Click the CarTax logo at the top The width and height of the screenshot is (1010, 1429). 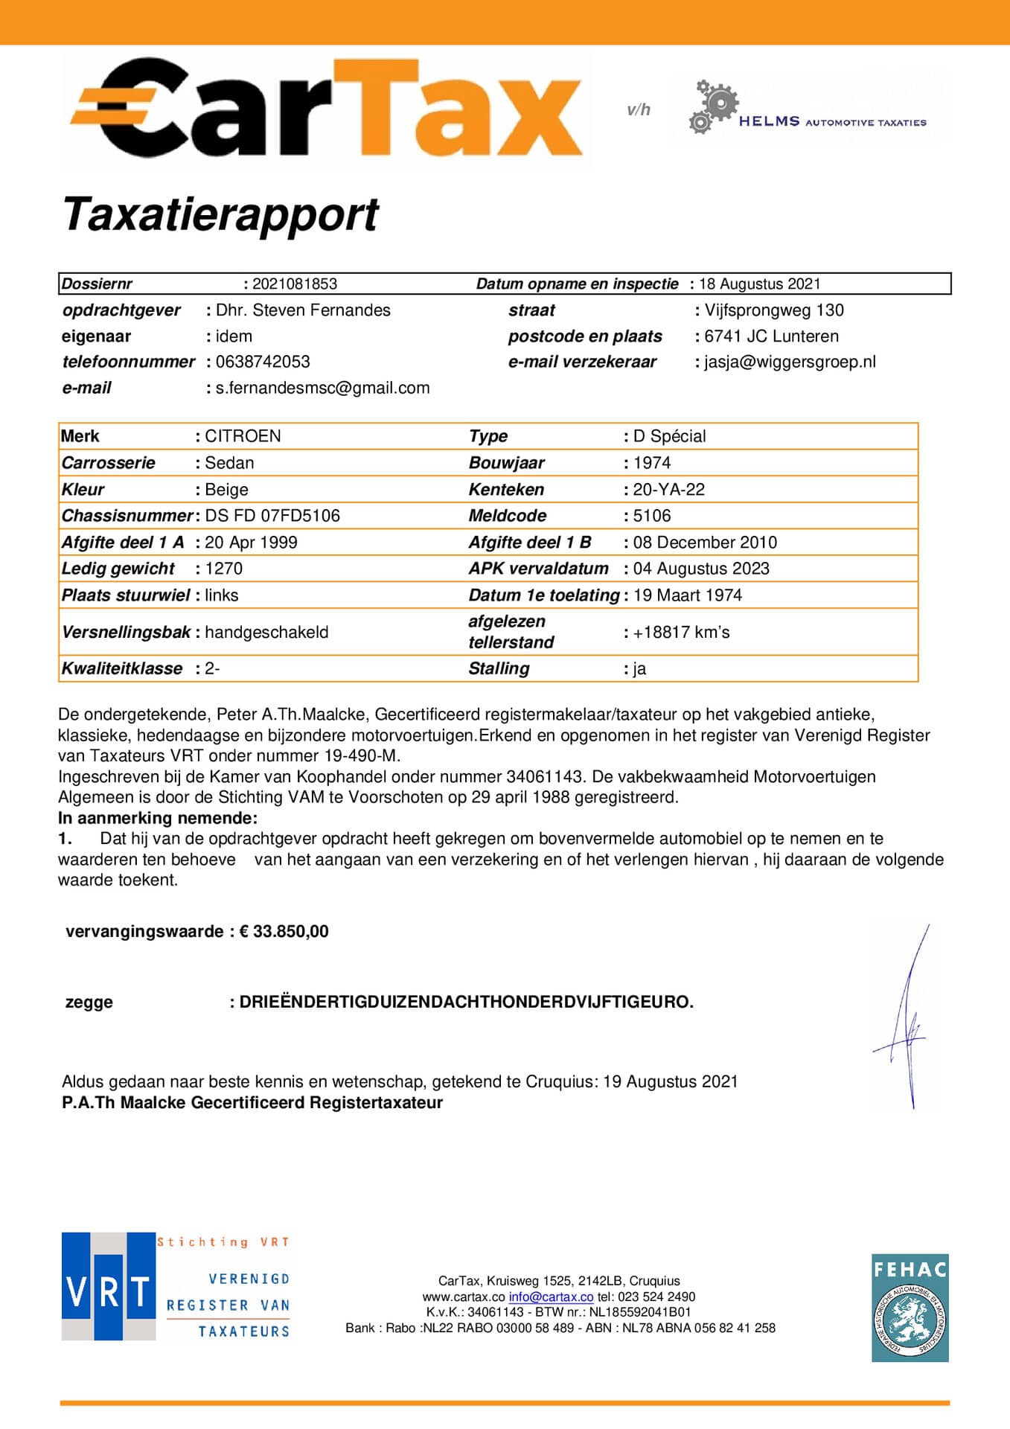tap(326, 110)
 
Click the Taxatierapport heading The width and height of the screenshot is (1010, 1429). tap(220, 214)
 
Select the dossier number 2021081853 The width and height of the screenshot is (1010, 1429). tap(295, 284)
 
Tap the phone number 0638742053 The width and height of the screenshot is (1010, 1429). tap(263, 362)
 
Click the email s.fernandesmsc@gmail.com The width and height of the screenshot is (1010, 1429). tap(322, 388)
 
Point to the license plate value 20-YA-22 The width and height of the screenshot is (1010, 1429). tap(668, 489)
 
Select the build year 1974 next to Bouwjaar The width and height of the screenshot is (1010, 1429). tap(651, 463)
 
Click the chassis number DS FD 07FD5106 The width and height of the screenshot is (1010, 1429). tap(272, 516)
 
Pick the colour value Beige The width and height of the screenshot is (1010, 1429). tap(226, 490)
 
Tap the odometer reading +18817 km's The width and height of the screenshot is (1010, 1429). tap(681, 632)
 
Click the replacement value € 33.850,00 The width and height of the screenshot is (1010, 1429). tap(284, 931)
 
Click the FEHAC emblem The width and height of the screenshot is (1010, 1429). tap(910, 1308)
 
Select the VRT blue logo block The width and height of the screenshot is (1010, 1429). tap(108, 1286)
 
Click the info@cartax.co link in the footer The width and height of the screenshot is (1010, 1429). tap(551, 1297)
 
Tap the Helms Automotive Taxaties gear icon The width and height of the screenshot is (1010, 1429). tap(713, 106)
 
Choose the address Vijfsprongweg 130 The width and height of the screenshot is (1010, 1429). tap(774, 310)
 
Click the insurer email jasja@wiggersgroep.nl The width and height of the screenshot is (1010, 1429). tap(790, 362)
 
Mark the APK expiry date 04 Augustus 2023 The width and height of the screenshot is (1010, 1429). tap(701, 569)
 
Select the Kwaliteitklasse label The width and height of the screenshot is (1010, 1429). tap(122, 668)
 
